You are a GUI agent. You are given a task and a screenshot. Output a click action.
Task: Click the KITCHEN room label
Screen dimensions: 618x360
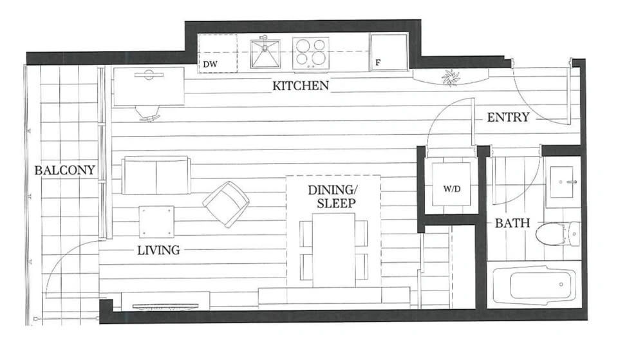301,86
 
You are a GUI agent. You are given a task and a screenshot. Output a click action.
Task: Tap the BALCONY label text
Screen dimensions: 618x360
64,170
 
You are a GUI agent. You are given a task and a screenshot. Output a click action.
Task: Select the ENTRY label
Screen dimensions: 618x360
508,117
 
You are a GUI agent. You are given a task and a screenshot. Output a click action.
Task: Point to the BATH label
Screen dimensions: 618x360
512,223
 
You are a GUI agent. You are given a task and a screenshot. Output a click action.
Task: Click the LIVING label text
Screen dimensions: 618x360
158,250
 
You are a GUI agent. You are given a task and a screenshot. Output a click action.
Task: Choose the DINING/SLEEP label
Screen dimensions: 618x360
332,196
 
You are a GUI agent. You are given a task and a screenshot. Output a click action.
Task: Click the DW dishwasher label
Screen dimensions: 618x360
210,64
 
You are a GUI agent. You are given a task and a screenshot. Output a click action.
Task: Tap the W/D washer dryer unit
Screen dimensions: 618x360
451,184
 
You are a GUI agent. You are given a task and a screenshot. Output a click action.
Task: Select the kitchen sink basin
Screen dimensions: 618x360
265,53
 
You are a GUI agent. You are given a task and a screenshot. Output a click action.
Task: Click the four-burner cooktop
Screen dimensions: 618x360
310,53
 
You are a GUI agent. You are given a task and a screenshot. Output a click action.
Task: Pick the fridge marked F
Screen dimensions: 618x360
388,52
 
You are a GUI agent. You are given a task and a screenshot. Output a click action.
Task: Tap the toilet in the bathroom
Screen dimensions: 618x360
557,233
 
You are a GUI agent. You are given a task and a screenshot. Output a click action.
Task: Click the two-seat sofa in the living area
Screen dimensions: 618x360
156,175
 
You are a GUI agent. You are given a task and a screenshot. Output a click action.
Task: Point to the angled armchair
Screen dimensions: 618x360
226,204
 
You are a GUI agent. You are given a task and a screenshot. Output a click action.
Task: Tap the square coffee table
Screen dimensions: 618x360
156,222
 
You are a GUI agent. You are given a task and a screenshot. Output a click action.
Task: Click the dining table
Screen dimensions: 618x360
333,250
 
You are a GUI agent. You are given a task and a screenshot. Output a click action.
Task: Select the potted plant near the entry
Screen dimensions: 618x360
451,77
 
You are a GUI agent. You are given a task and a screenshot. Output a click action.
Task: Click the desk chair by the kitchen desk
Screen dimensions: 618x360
148,113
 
